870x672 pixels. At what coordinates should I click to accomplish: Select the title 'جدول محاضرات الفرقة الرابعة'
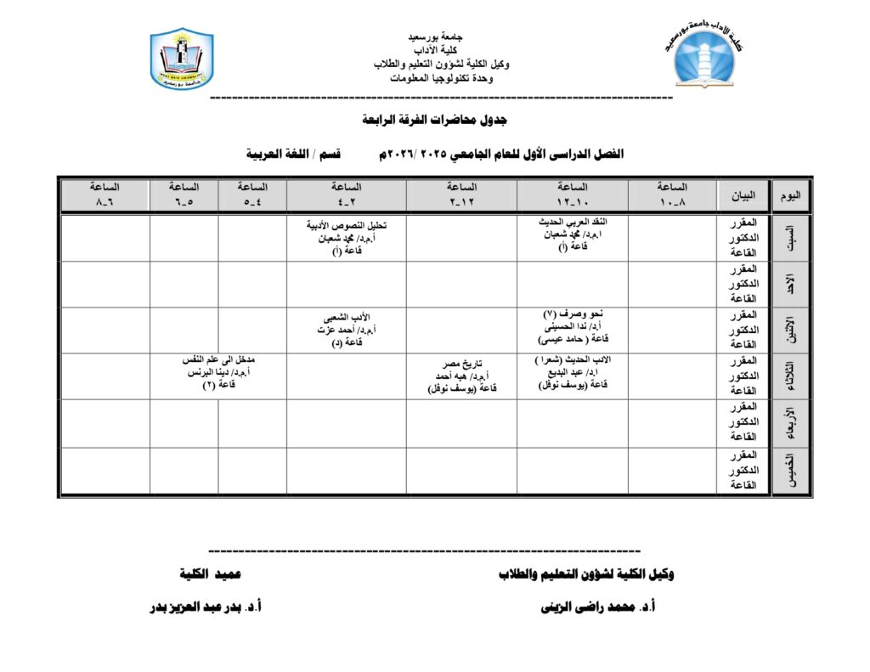pyautogui.click(x=434, y=120)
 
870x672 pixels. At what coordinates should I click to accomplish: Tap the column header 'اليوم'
pyautogui.click(x=790, y=195)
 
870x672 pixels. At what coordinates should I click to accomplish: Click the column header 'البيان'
pyautogui.click(x=743, y=195)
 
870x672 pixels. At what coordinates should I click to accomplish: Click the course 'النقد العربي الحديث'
pyautogui.click(x=573, y=222)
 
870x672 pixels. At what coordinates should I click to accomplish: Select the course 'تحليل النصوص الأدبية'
pyautogui.click(x=346, y=226)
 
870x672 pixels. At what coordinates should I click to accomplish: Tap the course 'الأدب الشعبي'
pyautogui.click(x=346, y=317)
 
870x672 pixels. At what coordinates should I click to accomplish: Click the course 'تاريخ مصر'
pyautogui.click(x=462, y=365)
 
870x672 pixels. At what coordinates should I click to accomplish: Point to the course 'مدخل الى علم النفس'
pyautogui.click(x=218, y=359)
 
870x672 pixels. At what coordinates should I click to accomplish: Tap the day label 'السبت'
pyautogui.click(x=790, y=238)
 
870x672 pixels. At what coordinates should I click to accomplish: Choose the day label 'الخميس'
pyautogui.click(x=790, y=470)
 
